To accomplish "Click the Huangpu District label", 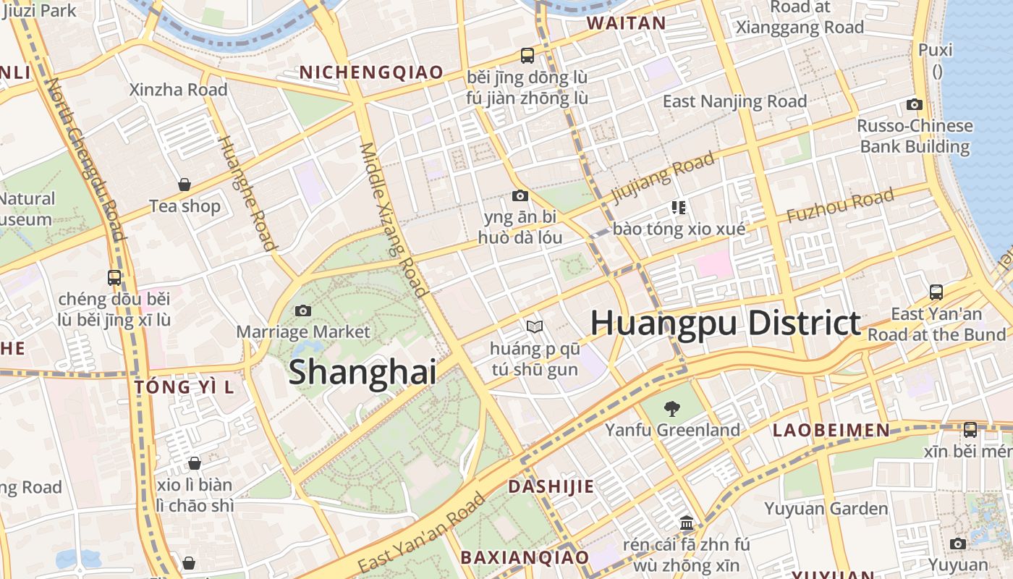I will tap(726, 323).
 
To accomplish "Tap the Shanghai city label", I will tap(363, 372).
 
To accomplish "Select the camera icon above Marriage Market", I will tap(303, 310).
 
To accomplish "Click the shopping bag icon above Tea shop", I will tap(185, 185).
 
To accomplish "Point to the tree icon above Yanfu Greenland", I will tap(672, 409).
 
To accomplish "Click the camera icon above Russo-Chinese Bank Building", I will tap(915, 104).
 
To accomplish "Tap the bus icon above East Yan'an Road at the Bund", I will tap(936, 292).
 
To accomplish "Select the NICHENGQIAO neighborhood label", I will tap(371, 72).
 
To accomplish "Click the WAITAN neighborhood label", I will tap(626, 23).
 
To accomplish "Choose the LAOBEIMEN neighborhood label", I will tap(831, 431).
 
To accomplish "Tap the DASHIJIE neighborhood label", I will tap(551, 486).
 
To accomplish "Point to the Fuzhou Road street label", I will tap(840, 206).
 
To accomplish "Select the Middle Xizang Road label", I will tap(391, 219).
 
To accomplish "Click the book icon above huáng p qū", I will tap(535, 327).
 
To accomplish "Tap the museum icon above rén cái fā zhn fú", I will tap(687, 523).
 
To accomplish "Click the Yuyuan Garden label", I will tap(826, 509).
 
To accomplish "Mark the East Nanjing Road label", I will tap(734, 101).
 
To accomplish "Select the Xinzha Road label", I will tap(178, 90).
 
